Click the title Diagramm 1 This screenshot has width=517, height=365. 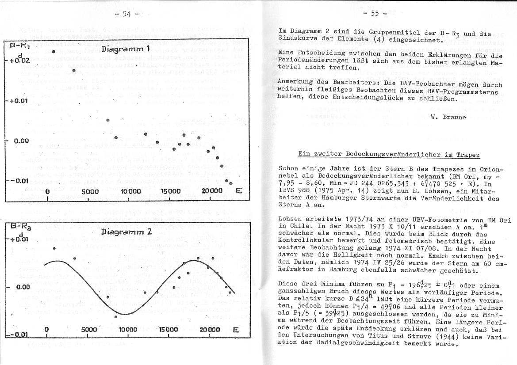click(126, 48)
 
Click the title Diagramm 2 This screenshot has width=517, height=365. click(126, 232)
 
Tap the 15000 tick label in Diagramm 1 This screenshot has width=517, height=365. click(170, 191)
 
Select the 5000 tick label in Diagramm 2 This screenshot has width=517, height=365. click(89, 330)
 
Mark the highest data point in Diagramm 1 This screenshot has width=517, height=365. click(53, 52)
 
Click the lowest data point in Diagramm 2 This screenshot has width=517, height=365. click(116, 316)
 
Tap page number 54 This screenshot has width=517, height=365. click(126, 14)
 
